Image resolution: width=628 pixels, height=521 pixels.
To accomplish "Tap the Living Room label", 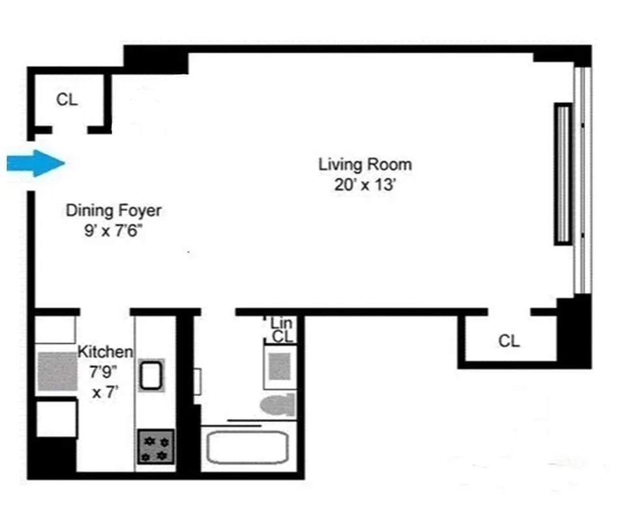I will pyautogui.click(x=365, y=164).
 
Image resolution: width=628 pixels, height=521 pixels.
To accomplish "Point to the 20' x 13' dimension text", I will pyautogui.click(x=365, y=184).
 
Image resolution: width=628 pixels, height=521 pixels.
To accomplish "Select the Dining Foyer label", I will pyautogui.click(x=113, y=210).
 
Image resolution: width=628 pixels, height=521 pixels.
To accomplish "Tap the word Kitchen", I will pyautogui.click(x=106, y=352).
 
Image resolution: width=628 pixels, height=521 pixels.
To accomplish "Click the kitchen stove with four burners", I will pyautogui.click(x=156, y=447).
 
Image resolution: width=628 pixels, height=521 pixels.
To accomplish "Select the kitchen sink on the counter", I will pyautogui.click(x=152, y=375).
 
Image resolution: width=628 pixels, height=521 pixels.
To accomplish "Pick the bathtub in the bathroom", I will pyautogui.click(x=247, y=447).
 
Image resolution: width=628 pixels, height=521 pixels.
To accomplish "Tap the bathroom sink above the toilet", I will pyautogui.click(x=280, y=365).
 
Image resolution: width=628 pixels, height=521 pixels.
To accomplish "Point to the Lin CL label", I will pyautogui.click(x=282, y=330).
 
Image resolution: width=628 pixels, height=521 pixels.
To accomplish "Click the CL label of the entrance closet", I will pyautogui.click(x=67, y=100).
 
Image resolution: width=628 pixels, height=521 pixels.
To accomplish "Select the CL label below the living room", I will pyautogui.click(x=509, y=341).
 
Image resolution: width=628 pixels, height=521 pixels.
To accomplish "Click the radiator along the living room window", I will pyautogui.click(x=562, y=174).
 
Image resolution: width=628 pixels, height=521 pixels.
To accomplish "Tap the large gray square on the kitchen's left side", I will pyautogui.click(x=57, y=371).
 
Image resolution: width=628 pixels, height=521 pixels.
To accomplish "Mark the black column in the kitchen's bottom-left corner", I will pyautogui.click(x=52, y=458).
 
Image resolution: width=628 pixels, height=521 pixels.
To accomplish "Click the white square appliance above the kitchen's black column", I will pyautogui.click(x=57, y=419).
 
